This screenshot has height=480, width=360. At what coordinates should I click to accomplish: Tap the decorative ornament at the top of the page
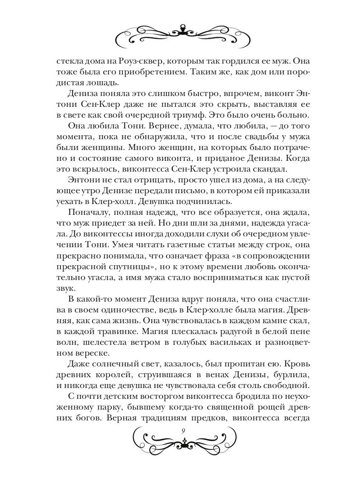click(x=180, y=33)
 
